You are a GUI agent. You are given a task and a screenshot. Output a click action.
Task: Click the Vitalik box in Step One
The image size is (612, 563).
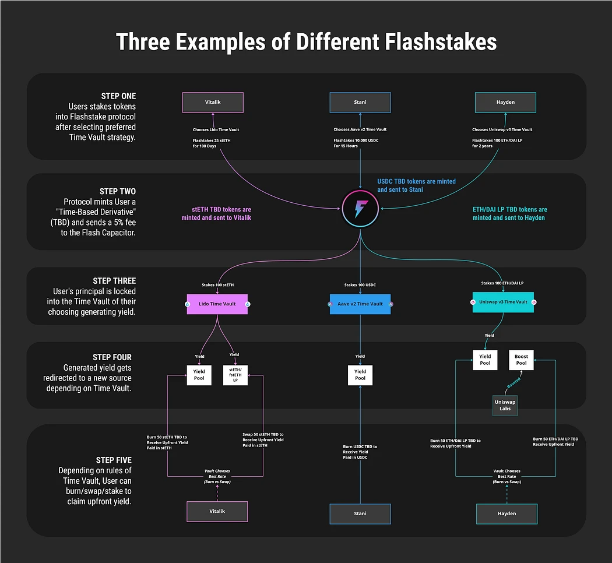click(x=213, y=102)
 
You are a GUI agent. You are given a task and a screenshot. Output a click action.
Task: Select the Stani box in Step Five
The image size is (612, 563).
click(x=360, y=514)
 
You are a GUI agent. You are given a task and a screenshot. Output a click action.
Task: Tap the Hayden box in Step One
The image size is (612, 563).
click(x=505, y=102)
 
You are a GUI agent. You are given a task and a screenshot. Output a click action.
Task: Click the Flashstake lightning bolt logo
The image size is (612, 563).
click(x=360, y=209)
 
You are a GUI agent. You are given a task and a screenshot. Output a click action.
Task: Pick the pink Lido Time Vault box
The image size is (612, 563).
click(x=217, y=304)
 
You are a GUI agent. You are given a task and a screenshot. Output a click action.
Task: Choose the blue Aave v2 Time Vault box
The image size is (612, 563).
click(x=360, y=304)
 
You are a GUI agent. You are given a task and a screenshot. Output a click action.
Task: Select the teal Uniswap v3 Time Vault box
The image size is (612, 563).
click(x=503, y=302)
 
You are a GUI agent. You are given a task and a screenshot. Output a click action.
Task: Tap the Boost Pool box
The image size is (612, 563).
click(x=521, y=360)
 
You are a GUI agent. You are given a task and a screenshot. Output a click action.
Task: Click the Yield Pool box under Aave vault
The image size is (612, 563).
click(x=360, y=374)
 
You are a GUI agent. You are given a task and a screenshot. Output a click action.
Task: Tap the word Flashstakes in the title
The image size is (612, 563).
click(x=434, y=43)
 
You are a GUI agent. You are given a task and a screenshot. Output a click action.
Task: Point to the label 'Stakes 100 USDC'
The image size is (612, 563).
click(x=360, y=286)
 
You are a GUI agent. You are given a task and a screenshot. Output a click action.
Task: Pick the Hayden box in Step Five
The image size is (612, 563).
click(x=507, y=513)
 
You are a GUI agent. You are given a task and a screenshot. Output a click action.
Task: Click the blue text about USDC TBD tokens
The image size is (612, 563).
click(x=416, y=185)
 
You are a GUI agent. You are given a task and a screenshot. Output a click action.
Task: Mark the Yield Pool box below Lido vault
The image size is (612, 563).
click(x=199, y=374)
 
